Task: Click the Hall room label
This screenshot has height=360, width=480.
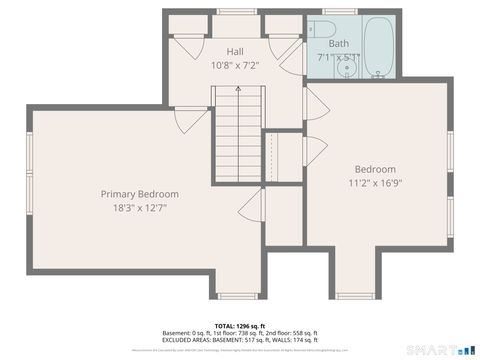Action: (235, 51)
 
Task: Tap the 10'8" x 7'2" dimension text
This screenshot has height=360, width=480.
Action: (235, 65)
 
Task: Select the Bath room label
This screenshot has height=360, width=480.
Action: (339, 44)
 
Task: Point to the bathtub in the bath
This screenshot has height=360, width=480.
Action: (380, 45)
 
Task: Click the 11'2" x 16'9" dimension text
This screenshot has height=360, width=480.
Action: (375, 183)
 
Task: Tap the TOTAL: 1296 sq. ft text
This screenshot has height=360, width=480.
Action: (239, 326)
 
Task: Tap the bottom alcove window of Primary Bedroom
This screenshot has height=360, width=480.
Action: (237, 295)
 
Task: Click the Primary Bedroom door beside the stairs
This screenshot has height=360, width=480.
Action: (250, 207)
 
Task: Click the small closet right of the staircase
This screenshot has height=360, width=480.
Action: (283, 157)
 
